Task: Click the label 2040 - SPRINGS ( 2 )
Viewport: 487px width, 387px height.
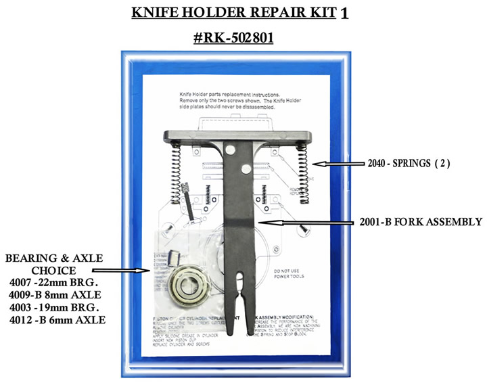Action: (402, 164)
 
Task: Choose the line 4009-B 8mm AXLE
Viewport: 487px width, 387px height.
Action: (56, 296)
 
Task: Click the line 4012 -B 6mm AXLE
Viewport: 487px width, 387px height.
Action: (57, 319)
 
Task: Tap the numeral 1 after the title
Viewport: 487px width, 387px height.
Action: (345, 14)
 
